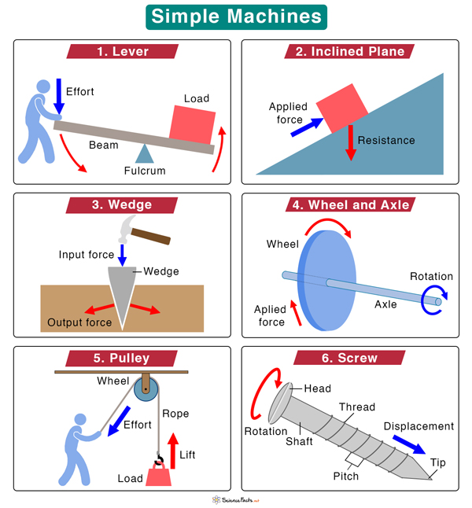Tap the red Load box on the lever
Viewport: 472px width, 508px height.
tap(192, 124)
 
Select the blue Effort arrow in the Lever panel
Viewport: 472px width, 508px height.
tap(58, 95)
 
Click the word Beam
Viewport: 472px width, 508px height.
tap(103, 145)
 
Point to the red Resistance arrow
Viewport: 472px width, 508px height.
tap(350, 142)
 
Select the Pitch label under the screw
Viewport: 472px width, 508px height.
tap(345, 476)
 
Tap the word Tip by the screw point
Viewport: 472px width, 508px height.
tap(437, 462)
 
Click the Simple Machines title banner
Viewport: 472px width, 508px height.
tap(236, 17)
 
